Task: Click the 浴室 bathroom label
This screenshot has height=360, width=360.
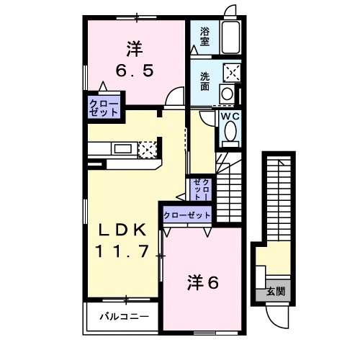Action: coord(204,37)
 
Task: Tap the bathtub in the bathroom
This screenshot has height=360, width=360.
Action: coord(230,37)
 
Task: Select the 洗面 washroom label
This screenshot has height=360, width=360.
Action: coord(204,81)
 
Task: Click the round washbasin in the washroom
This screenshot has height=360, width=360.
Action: coord(227,93)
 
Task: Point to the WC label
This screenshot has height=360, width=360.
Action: coord(230,117)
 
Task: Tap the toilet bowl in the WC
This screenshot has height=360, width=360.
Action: coord(231,131)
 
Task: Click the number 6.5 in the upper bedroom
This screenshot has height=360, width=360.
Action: coord(135,71)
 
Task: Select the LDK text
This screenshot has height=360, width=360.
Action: coord(122,230)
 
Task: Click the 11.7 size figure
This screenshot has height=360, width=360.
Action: coord(122,251)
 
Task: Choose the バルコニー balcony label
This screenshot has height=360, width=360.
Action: coord(125,317)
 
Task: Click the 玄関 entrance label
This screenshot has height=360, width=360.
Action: coord(276,292)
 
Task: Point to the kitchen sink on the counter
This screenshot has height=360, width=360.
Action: coord(123,149)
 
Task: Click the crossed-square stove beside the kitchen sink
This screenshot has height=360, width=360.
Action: coord(148,150)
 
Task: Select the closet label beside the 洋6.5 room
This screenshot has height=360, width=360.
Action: coord(104,108)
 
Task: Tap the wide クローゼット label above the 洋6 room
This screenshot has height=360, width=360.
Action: coord(187,215)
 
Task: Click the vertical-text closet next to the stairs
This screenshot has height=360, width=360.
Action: coord(202,189)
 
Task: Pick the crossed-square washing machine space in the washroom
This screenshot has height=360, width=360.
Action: coord(232,71)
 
